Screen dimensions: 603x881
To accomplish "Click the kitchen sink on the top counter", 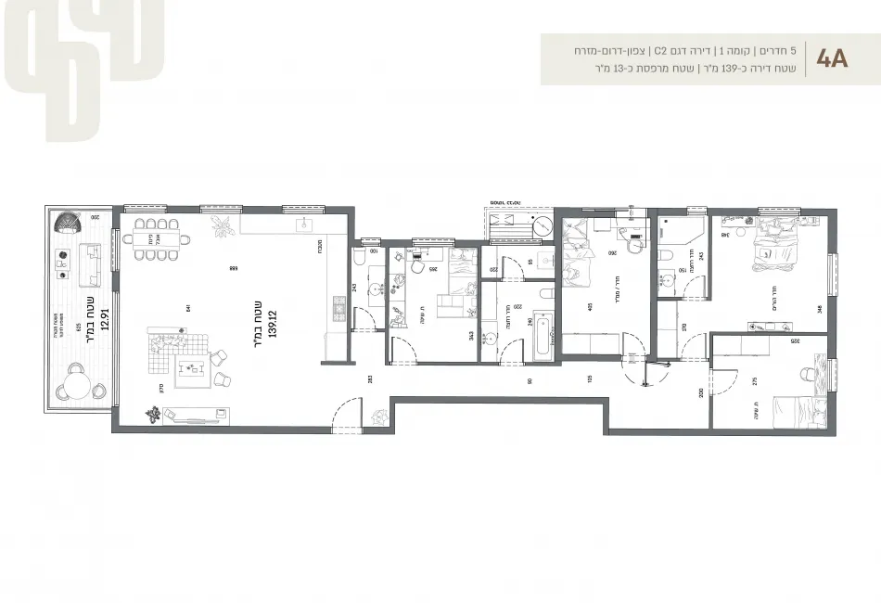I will point(303,225).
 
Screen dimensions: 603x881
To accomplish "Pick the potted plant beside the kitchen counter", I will point(222,225).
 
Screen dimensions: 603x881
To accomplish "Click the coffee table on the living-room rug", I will point(194,370).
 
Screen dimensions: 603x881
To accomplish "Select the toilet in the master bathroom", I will point(665,254).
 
